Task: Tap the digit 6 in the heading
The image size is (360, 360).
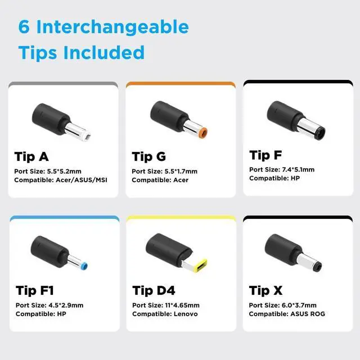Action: point(24,26)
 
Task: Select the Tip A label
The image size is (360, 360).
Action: point(31,157)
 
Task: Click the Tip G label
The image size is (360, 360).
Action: point(148,157)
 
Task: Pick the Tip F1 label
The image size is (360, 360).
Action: point(35,290)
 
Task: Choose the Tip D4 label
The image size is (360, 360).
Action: point(154,290)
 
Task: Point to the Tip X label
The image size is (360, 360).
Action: point(266,290)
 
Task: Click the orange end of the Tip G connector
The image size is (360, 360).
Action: point(203,133)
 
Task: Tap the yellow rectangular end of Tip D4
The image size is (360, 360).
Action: point(200,265)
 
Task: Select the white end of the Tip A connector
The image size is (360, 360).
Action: point(87,136)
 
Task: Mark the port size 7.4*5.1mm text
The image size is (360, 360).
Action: point(298,170)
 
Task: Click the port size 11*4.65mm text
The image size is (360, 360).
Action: point(182,305)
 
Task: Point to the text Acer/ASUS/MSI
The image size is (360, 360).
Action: point(82,180)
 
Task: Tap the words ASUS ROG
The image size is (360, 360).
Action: point(308,314)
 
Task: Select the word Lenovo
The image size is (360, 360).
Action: point(186,314)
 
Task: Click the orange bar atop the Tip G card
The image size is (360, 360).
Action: point(181,84)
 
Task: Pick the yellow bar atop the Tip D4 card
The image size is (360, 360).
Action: point(181,218)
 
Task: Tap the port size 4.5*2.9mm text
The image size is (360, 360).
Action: point(66,305)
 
